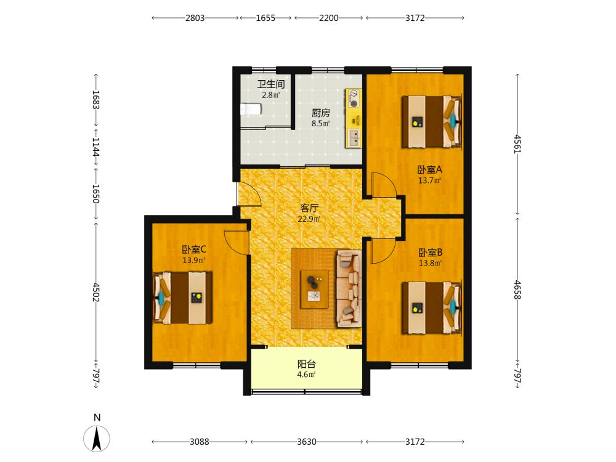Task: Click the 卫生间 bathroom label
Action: [x=270, y=84]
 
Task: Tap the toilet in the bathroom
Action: [x=251, y=109]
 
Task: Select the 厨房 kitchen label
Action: [x=320, y=113]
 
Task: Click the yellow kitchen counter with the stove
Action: [x=353, y=118]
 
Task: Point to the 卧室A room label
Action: [x=429, y=170]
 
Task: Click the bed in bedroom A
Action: [x=431, y=122]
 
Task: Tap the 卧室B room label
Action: [x=430, y=252]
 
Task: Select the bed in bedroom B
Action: [x=431, y=307]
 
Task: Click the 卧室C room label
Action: [x=194, y=249]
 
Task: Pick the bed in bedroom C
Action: [x=182, y=298]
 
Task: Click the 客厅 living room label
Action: [x=309, y=208]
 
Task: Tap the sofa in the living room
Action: [x=349, y=289]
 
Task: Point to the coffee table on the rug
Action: [x=314, y=289]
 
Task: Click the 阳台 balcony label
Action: [x=306, y=364]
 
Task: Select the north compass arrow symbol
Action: [x=97, y=439]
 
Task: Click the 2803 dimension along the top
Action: [x=195, y=18]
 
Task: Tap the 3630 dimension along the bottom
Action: [x=306, y=442]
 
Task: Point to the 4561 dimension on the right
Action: [x=518, y=144]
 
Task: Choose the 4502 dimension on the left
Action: [x=96, y=292]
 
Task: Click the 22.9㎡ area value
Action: [x=309, y=219]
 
